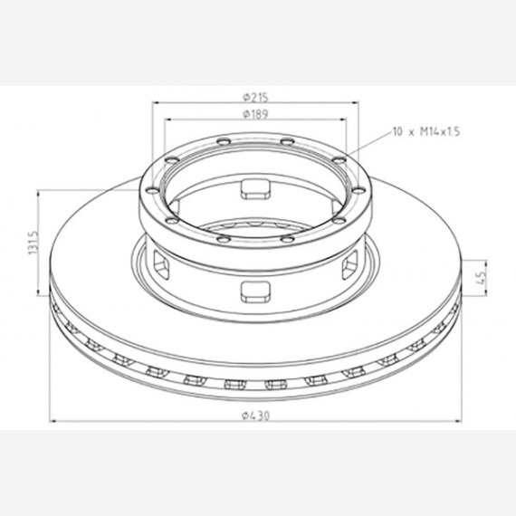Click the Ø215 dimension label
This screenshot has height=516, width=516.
[x=255, y=98]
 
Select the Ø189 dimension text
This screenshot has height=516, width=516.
[x=255, y=114]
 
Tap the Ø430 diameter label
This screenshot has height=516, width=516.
[x=255, y=416]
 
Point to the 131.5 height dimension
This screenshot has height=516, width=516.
[x=33, y=243]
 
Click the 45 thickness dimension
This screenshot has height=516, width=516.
[x=481, y=277]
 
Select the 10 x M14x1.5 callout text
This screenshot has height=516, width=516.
[x=426, y=131]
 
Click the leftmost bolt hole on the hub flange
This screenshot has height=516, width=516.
[x=152, y=190]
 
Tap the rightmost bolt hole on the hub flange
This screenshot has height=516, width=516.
[x=359, y=190]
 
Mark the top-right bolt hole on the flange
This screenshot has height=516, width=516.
[x=287, y=141]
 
